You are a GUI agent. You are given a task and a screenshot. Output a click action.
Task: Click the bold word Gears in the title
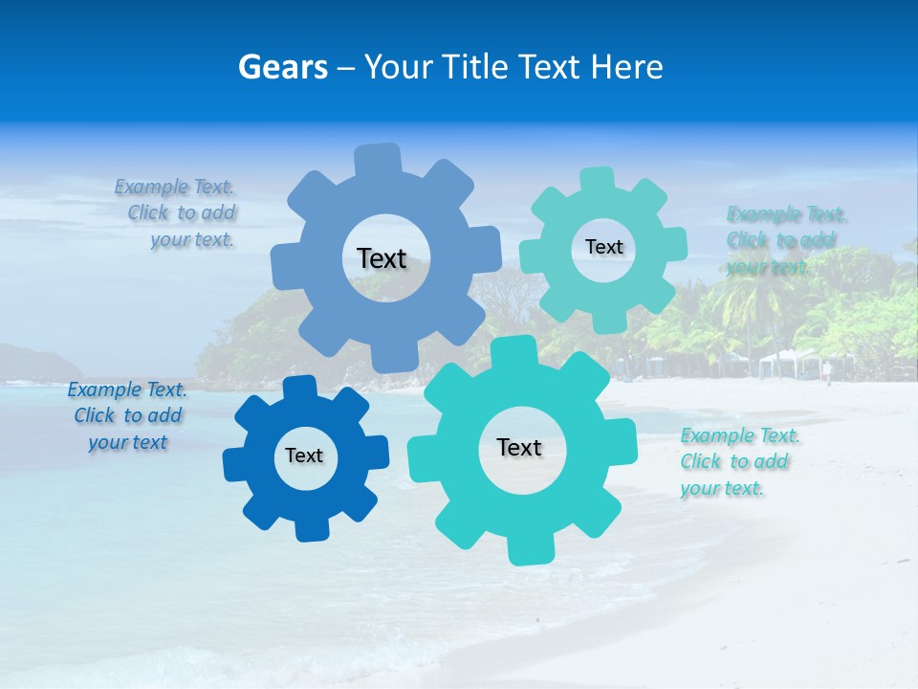pyautogui.click(x=283, y=67)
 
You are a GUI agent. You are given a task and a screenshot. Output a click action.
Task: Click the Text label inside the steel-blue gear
pyautogui.click(x=382, y=258)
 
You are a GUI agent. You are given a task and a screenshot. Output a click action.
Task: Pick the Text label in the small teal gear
pyautogui.click(x=603, y=247)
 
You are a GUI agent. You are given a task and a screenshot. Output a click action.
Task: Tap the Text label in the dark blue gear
pyautogui.click(x=304, y=456)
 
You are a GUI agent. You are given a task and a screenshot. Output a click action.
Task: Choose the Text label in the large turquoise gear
pyautogui.click(x=519, y=447)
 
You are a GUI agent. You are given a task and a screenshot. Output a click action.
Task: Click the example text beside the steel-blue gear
pyautogui.click(x=178, y=213)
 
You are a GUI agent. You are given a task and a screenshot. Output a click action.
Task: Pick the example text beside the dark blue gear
pyautogui.click(x=127, y=415)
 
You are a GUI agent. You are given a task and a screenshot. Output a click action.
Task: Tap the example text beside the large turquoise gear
pyautogui.click(x=738, y=461)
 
